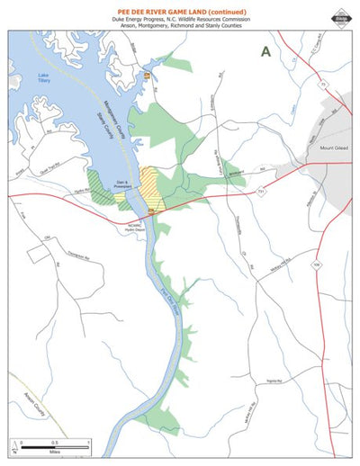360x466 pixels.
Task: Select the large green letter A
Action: click(x=265, y=52)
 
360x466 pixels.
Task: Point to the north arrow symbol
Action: click(x=15, y=447)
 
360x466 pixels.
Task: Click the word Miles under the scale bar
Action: click(x=55, y=453)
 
